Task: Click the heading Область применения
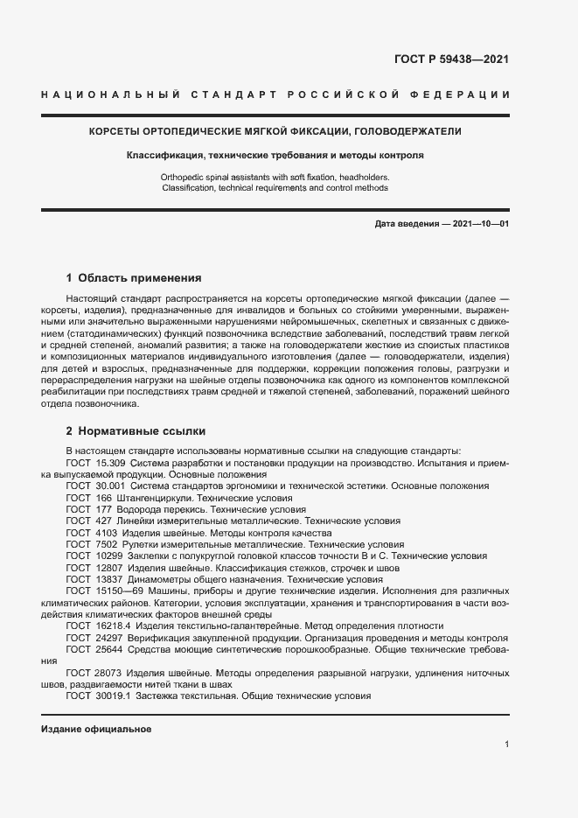point(140,278)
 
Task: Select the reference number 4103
point(104,533)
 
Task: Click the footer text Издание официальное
point(96,729)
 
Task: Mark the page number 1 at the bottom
point(507,745)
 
